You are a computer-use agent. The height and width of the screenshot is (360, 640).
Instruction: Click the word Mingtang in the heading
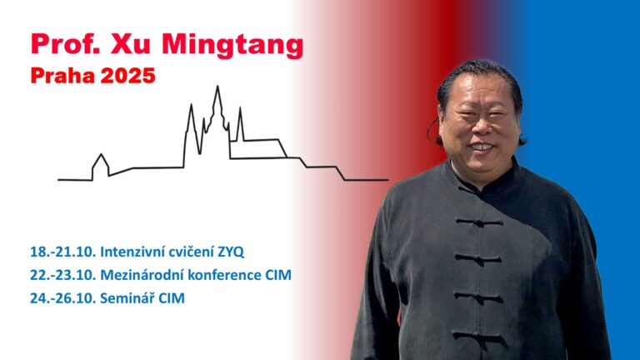point(232,45)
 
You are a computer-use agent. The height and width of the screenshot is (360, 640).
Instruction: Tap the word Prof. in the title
point(66,43)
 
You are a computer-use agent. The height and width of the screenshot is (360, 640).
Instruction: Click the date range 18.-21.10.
point(62,252)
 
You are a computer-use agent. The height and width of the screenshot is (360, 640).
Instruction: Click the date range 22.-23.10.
point(62,275)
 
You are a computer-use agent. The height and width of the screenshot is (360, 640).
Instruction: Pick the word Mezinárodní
point(142,275)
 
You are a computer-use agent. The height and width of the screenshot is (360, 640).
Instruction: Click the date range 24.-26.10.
point(62,298)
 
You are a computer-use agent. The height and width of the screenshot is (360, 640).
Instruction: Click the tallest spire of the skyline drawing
point(217,87)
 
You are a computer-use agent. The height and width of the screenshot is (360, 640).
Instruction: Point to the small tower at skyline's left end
point(101,162)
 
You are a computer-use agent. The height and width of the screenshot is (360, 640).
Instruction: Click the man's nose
point(481,127)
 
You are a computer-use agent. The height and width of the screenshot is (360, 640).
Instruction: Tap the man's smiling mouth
point(482,147)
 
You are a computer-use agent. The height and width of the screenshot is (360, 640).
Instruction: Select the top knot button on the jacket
point(480,222)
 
